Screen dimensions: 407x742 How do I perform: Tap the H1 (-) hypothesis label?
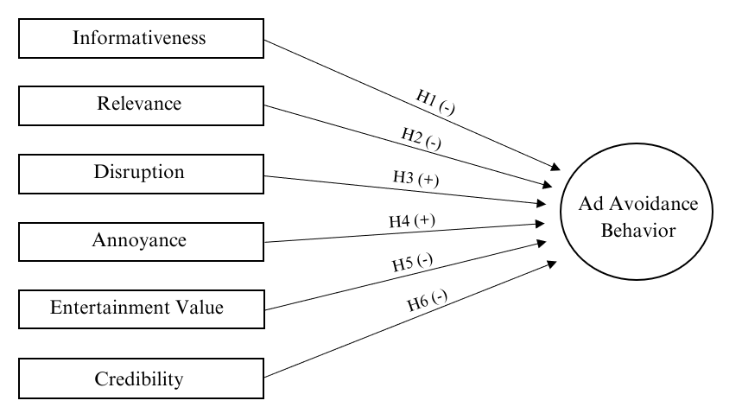(436, 102)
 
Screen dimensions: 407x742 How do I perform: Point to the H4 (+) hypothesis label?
(412, 221)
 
